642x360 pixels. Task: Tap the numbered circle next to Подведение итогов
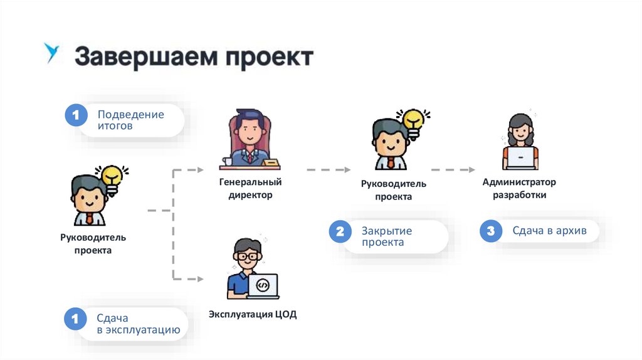[x=76, y=116]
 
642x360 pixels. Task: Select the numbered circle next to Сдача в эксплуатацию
[x=76, y=319]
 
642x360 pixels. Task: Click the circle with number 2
[x=340, y=232]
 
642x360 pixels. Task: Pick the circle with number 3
[x=491, y=231]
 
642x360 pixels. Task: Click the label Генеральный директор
[x=250, y=188]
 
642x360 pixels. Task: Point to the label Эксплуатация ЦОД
[x=253, y=314]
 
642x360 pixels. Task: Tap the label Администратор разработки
[x=519, y=188]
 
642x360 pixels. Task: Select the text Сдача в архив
[x=549, y=231]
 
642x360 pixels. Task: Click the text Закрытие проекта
[x=386, y=236]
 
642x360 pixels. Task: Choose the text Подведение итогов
[x=130, y=120]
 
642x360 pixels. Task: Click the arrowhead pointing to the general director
[x=200, y=169]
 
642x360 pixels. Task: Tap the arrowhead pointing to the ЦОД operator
[x=200, y=278]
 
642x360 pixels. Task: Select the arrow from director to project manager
[x=329, y=169]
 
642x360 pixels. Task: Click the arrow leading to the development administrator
[x=453, y=169]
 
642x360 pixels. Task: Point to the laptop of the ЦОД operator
[x=263, y=285]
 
